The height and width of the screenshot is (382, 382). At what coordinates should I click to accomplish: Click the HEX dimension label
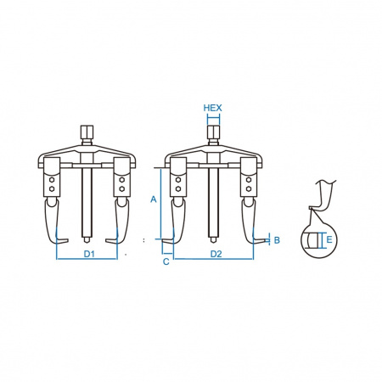(x=212, y=108)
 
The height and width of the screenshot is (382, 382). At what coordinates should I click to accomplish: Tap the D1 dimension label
(x=89, y=254)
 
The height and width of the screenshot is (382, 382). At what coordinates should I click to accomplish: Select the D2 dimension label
(x=216, y=254)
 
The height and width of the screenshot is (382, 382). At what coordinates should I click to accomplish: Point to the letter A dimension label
(x=154, y=199)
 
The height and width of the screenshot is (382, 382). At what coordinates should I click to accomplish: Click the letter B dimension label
(x=277, y=240)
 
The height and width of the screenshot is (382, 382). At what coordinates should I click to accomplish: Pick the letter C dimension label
(x=166, y=261)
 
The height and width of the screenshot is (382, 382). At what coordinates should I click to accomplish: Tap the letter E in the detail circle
(x=329, y=239)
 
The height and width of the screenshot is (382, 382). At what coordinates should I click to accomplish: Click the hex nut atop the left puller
(x=87, y=132)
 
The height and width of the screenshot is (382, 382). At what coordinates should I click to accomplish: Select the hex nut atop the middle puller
(x=213, y=132)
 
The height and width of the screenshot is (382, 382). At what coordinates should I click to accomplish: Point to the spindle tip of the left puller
(x=87, y=240)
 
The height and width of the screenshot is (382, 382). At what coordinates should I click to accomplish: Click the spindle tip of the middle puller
(x=213, y=240)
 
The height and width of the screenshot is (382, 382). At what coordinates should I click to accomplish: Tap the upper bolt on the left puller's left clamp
(x=52, y=180)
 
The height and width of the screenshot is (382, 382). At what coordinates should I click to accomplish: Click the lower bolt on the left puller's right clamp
(x=121, y=188)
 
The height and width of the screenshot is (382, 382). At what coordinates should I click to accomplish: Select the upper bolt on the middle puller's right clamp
(x=249, y=180)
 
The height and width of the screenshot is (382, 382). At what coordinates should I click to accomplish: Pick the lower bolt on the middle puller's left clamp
(x=178, y=188)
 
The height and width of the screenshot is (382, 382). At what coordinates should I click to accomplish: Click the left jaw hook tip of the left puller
(x=67, y=241)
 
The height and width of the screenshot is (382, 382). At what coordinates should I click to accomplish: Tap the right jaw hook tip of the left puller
(x=107, y=241)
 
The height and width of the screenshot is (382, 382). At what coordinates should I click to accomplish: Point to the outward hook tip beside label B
(x=266, y=240)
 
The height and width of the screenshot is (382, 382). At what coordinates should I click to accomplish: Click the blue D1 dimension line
(x=87, y=259)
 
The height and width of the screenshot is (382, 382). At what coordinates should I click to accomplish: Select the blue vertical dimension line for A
(x=160, y=204)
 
